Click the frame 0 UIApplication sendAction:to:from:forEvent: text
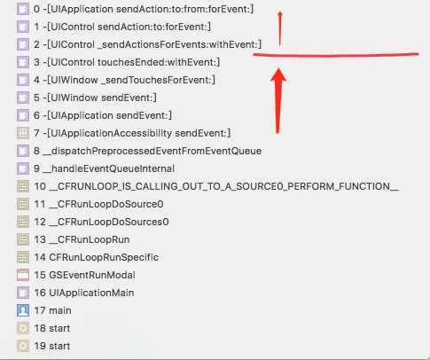tap(144, 9)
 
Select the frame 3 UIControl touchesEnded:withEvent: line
tap(127, 62)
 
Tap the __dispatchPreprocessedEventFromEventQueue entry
tap(147, 151)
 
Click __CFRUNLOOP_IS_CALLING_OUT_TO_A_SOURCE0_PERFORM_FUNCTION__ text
tap(216, 186)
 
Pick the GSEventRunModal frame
tap(84, 275)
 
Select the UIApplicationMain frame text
tap(84, 293)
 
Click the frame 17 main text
tap(52, 310)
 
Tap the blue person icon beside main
tap(23, 310)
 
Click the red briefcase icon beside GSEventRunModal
tap(23, 275)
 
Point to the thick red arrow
tap(278, 100)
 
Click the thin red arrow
tap(280, 28)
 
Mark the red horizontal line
tap(336, 55)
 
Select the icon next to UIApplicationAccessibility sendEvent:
tap(23, 133)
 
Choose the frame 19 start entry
tap(52, 346)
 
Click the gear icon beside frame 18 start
tap(23, 328)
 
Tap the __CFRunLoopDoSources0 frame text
tap(101, 222)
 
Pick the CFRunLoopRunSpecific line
tap(96, 257)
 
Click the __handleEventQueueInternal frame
tap(104, 168)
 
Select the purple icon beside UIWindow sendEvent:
tap(23, 98)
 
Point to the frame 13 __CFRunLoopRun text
tap(82, 239)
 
